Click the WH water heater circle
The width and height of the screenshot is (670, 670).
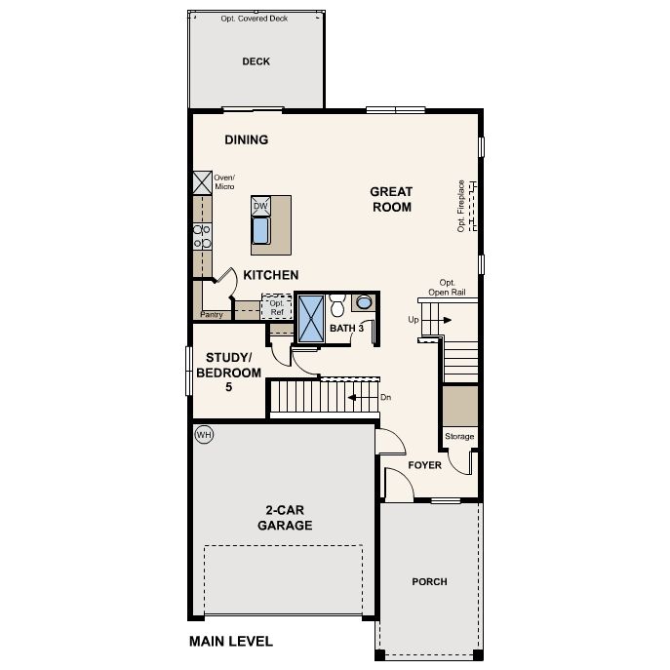coord(204,435)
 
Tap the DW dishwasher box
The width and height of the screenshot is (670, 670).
coord(260,206)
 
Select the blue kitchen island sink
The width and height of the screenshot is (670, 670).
coord(260,230)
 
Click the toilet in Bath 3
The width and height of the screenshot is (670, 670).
coord(337,305)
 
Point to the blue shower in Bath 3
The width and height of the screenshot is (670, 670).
coord(311,319)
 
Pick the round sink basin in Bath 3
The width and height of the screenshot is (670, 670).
coord(364,302)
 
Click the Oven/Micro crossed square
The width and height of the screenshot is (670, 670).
coord(203,183)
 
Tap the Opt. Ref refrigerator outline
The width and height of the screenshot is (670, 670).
coord(277,306)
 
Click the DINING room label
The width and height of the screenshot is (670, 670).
coord(247,139)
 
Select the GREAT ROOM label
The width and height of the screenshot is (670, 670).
coord(391,199)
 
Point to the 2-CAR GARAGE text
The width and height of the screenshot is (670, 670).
coord(285,518)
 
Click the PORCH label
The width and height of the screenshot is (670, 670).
coord(429,581)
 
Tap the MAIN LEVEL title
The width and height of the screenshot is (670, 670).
coord(231,641)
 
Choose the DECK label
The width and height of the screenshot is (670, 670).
coord(256,61)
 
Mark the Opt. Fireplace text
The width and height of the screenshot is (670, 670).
coord(460,206)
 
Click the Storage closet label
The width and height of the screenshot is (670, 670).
coord(459,436)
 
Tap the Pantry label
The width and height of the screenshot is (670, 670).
coord(212,314)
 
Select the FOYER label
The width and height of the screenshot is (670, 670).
coord(425,465)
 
